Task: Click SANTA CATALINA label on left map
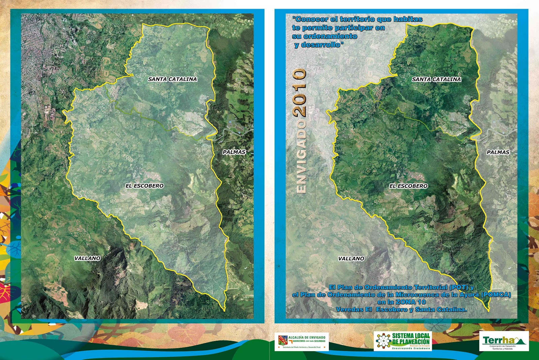(172, 79)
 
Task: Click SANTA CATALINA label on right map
(436, 79)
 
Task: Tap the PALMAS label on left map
(234, 152)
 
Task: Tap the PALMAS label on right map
(498, 152)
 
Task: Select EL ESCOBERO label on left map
(145, 186)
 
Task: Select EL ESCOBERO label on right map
(408, 186)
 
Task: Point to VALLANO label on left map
(87, 258)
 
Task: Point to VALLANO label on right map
(351, 259)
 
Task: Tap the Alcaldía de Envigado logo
(302, 341)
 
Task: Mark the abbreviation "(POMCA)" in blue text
(496, 295)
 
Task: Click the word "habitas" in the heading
(408, 19)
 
